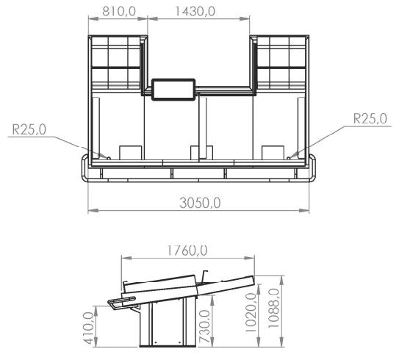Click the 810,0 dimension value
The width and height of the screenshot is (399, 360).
coord(117,13)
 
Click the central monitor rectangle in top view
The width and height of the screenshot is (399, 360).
coord(173,89)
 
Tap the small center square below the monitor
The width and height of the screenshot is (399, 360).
coord(197,153)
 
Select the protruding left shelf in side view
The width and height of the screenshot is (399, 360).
coord(116,301)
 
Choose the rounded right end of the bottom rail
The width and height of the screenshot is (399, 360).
coord(314,168)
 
